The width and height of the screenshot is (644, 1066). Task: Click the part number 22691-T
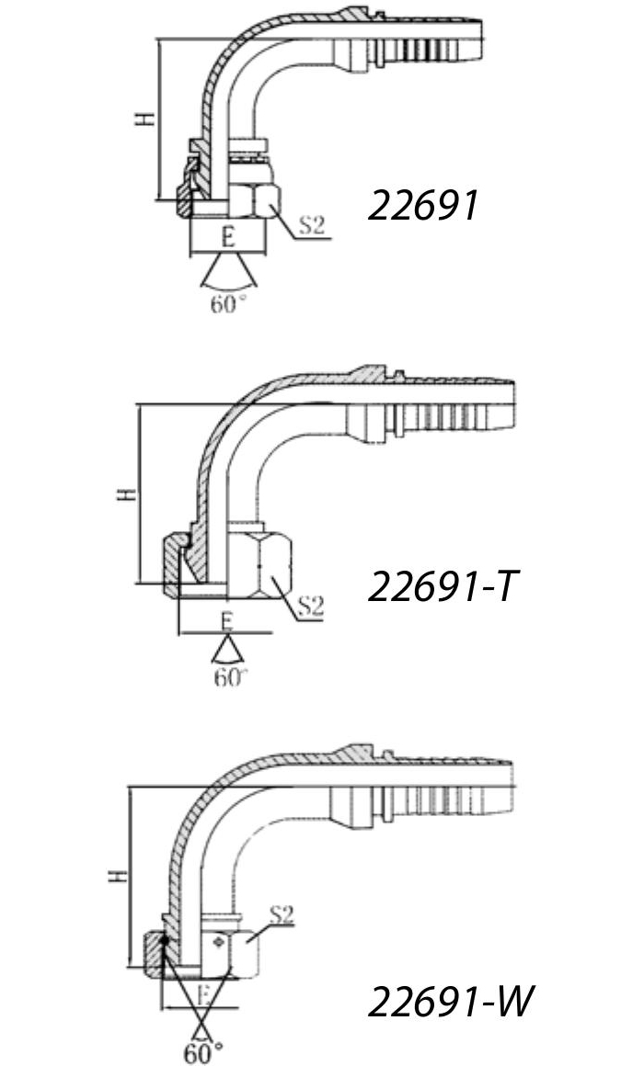(x=443, y=586)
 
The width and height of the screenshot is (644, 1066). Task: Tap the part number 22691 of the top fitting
(x=423, y=205)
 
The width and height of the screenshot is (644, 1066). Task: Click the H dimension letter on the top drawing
(x=144, y=119)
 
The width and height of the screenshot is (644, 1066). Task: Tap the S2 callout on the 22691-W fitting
(x=281, y=914)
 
